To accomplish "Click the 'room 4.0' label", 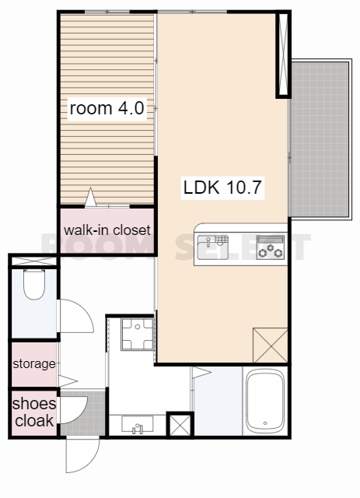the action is click(x=107, y=108).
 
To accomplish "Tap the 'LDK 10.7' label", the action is click(x=222, y=188).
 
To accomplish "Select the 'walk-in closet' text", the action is click(x=107, y=230).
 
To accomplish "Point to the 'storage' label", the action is click(x=34, y=364).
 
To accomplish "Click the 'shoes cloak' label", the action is click(x=34, y=412).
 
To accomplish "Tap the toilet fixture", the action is click(x=34, y=284).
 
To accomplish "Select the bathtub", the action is click(x=265, y=401).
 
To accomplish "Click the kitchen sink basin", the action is click(x=212, y=247).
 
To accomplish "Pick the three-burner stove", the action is click(x=270, y=247).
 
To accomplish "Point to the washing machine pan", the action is click(x=138, y=334).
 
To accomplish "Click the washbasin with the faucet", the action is click(x=138, y=425).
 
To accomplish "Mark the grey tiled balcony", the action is click(x=320, y=139).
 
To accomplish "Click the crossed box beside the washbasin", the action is click(x=180, y=425).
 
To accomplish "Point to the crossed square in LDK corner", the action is click(x=270, y=345).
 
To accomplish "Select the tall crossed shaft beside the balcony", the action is click(x=283, y=54).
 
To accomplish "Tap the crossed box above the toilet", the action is click(x=34, y=261).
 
